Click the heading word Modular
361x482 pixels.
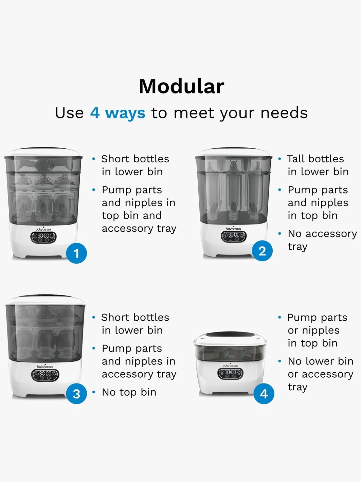coord(182,86)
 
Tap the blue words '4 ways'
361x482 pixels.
coord(118,113)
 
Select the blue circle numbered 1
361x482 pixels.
coord(76,253)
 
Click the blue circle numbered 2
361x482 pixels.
coord(262,251)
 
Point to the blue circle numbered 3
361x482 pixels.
coord(76,394)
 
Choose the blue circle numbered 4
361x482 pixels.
coord(264,394)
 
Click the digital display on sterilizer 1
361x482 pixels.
coord(43,238)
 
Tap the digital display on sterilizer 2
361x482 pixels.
coord(234,236)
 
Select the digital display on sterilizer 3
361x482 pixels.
coord(45,375)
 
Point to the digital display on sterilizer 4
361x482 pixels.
coord(230,373)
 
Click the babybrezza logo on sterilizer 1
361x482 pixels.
coord(43,229)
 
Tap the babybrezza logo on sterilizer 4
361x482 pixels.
coord(230,365)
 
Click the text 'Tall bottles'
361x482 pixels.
coord(316,159)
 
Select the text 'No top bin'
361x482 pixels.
coord(129,392)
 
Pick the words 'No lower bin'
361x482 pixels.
coord(321,361)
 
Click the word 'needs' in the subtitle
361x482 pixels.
coord(284,113)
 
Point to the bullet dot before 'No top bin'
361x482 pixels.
coord(94,392)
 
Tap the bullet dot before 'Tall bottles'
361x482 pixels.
coord(280,159)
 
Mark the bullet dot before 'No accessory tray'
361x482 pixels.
coord(280,234)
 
